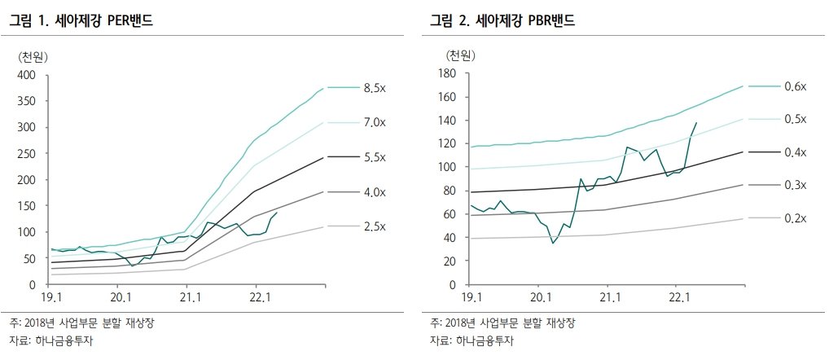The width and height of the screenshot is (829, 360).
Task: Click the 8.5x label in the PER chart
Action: [375, 88]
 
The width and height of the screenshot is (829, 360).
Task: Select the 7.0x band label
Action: [375, 122]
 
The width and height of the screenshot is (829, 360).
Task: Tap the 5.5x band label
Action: [375, 157]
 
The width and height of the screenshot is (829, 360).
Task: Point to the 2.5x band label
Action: [375, 226]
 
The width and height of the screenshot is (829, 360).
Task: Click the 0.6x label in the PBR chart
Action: [794, 86]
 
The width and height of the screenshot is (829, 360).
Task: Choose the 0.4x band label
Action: [794, 152]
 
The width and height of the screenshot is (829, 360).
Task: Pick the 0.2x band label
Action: [794, 218]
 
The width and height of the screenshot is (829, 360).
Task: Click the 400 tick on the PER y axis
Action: [27, 75]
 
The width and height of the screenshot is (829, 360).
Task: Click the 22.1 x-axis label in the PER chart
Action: [257, 299]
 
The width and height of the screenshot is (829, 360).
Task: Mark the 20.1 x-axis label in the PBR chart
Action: [542, 299]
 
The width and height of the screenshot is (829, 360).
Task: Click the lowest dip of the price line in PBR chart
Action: [554, 243]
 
